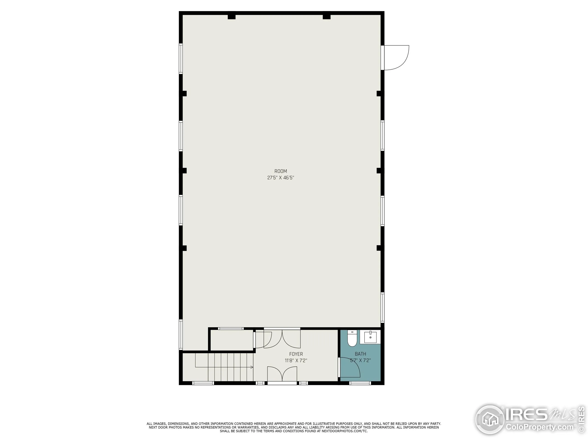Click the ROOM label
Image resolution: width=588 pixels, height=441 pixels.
[280, 171]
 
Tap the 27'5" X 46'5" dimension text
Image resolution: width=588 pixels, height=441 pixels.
[280, 178]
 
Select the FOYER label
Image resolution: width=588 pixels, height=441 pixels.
[296, 354]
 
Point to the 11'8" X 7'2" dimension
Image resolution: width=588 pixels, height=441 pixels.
[296, 361]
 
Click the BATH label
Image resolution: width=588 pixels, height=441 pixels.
[360, 354]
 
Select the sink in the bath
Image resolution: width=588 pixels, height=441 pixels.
[370, 337]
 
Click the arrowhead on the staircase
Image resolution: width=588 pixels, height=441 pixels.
[251, 367]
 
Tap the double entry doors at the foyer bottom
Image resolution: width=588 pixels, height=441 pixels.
[282, 375]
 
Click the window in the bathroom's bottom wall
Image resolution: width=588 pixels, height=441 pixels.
[360, 383]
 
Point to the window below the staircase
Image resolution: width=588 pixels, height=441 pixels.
[203, 383]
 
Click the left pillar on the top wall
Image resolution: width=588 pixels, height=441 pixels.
[232, 17]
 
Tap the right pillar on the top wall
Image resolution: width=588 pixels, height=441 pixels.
[326, 17]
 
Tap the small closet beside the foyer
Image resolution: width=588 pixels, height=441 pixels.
[231, 340]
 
